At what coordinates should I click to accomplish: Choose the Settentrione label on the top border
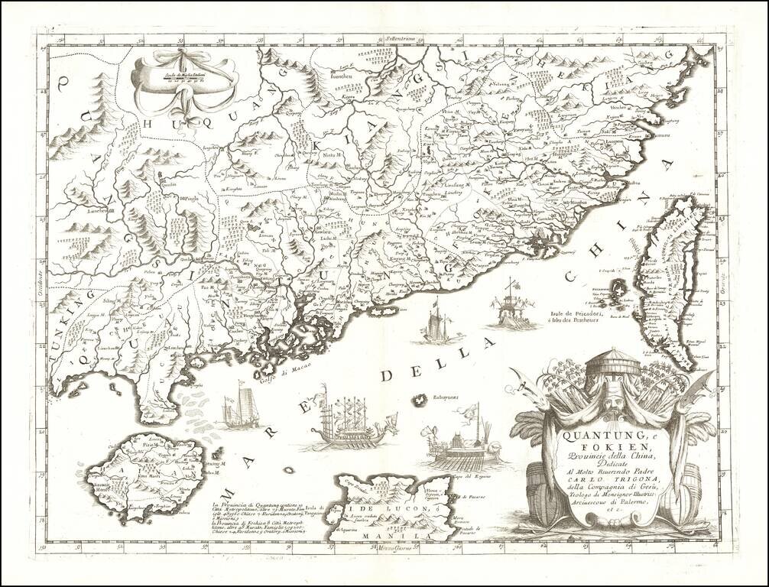pyautogui.click(x=404, y=36)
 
